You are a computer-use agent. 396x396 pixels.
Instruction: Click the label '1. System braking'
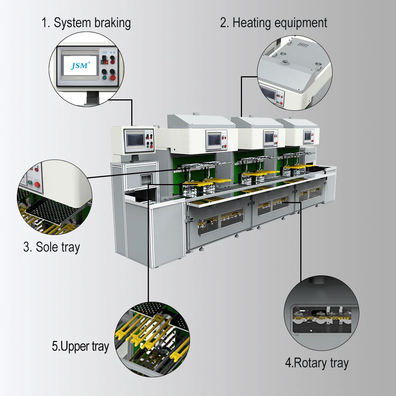coord(86,23)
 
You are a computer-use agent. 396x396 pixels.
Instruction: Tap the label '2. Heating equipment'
coord(274,23)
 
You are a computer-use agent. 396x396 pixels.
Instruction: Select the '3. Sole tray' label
coord(52,247)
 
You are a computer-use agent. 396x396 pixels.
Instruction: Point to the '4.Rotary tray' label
coord(317,363)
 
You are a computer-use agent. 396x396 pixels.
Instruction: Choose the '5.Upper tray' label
coord(80,346)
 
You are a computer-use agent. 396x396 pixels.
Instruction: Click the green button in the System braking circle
coord(104,77)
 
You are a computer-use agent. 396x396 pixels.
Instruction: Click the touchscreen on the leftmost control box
coord(135,140)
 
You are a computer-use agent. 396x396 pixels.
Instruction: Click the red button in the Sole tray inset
coord(37,184)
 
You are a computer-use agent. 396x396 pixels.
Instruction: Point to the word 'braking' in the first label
coord(113,23)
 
